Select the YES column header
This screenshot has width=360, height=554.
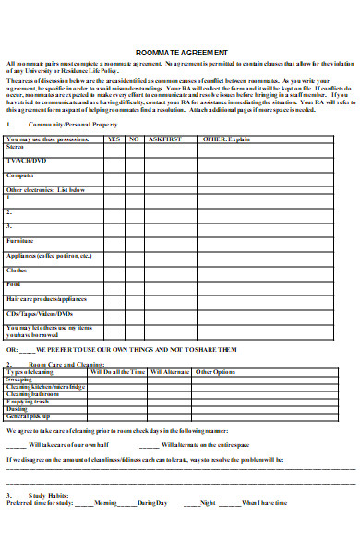114,138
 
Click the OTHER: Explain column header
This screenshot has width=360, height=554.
226,138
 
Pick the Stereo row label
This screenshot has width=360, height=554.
16,146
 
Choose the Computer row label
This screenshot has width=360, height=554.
21,175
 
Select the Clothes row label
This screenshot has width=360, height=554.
18,271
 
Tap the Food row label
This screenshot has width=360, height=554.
15,285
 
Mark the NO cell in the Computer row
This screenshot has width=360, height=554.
134,175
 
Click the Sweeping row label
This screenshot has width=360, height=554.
20,379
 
